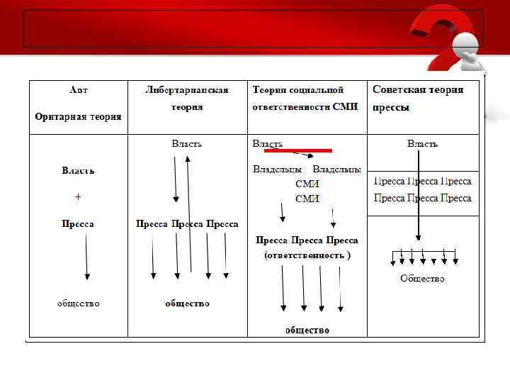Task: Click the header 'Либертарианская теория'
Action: pos(186,99)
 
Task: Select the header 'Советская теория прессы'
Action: pos(418,99)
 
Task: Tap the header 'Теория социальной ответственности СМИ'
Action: pos(305,99)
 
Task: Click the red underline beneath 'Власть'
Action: pos(297,150)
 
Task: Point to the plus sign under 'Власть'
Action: pos(78,196)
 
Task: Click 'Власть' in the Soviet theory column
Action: pos(422,144)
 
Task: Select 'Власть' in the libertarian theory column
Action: pos(187,143)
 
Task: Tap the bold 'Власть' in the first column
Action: pos(78,171)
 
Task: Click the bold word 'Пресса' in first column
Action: pos(78,223)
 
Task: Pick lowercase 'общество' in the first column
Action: pos(78,303)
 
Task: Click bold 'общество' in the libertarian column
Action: pos(187,303)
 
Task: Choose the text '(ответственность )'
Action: pos(307,255)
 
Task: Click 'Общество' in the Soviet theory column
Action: pos(422,279)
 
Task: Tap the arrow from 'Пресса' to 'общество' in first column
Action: pos(86,257)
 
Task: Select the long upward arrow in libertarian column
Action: pos(188,213)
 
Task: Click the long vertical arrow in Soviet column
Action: pos(419,199)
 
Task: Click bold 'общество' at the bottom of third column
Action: pos(307,330)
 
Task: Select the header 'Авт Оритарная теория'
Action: pos(78,104)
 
